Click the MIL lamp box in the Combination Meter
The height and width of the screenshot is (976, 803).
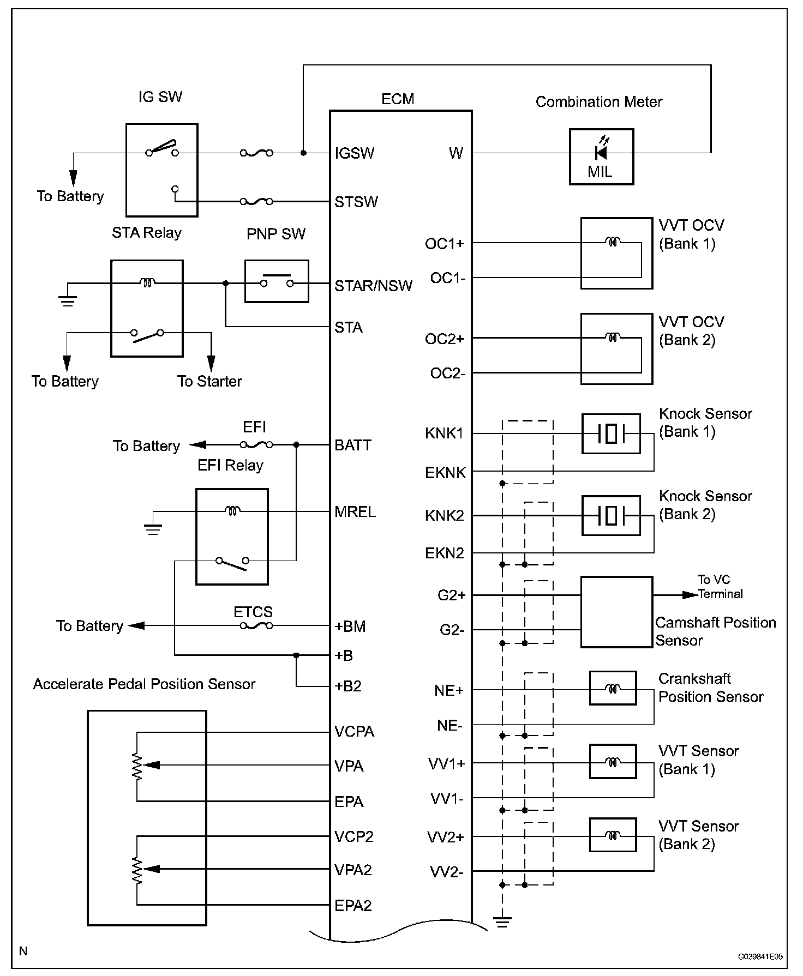point(601,156)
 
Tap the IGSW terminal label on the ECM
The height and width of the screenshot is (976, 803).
point(355,153)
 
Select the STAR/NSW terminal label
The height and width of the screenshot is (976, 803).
point(373,286)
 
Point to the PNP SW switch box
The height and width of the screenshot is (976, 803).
point(277,281)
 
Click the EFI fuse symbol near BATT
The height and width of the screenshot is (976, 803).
point(256,445)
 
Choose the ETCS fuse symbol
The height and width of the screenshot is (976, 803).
point(256,626)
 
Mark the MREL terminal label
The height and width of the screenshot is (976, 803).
point(355,512)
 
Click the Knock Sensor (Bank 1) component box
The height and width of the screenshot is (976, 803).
point(611,434)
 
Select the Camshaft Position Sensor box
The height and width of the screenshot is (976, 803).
point(616,612)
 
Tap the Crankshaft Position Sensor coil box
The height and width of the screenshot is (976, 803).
point(613,689)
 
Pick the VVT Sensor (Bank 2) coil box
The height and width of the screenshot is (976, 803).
point(613,835)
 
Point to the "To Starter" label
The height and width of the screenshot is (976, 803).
point(209,381)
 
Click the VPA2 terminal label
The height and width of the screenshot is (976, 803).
point(353,870)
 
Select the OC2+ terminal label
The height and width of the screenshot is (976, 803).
point(445,339)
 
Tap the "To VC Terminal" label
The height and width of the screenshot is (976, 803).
point(720,587)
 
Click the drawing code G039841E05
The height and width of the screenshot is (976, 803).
point(760,956)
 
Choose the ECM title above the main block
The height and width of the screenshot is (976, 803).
point(398,99)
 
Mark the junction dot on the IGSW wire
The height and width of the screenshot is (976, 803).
point(303,153)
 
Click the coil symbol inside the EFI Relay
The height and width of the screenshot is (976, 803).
point(232,511)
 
